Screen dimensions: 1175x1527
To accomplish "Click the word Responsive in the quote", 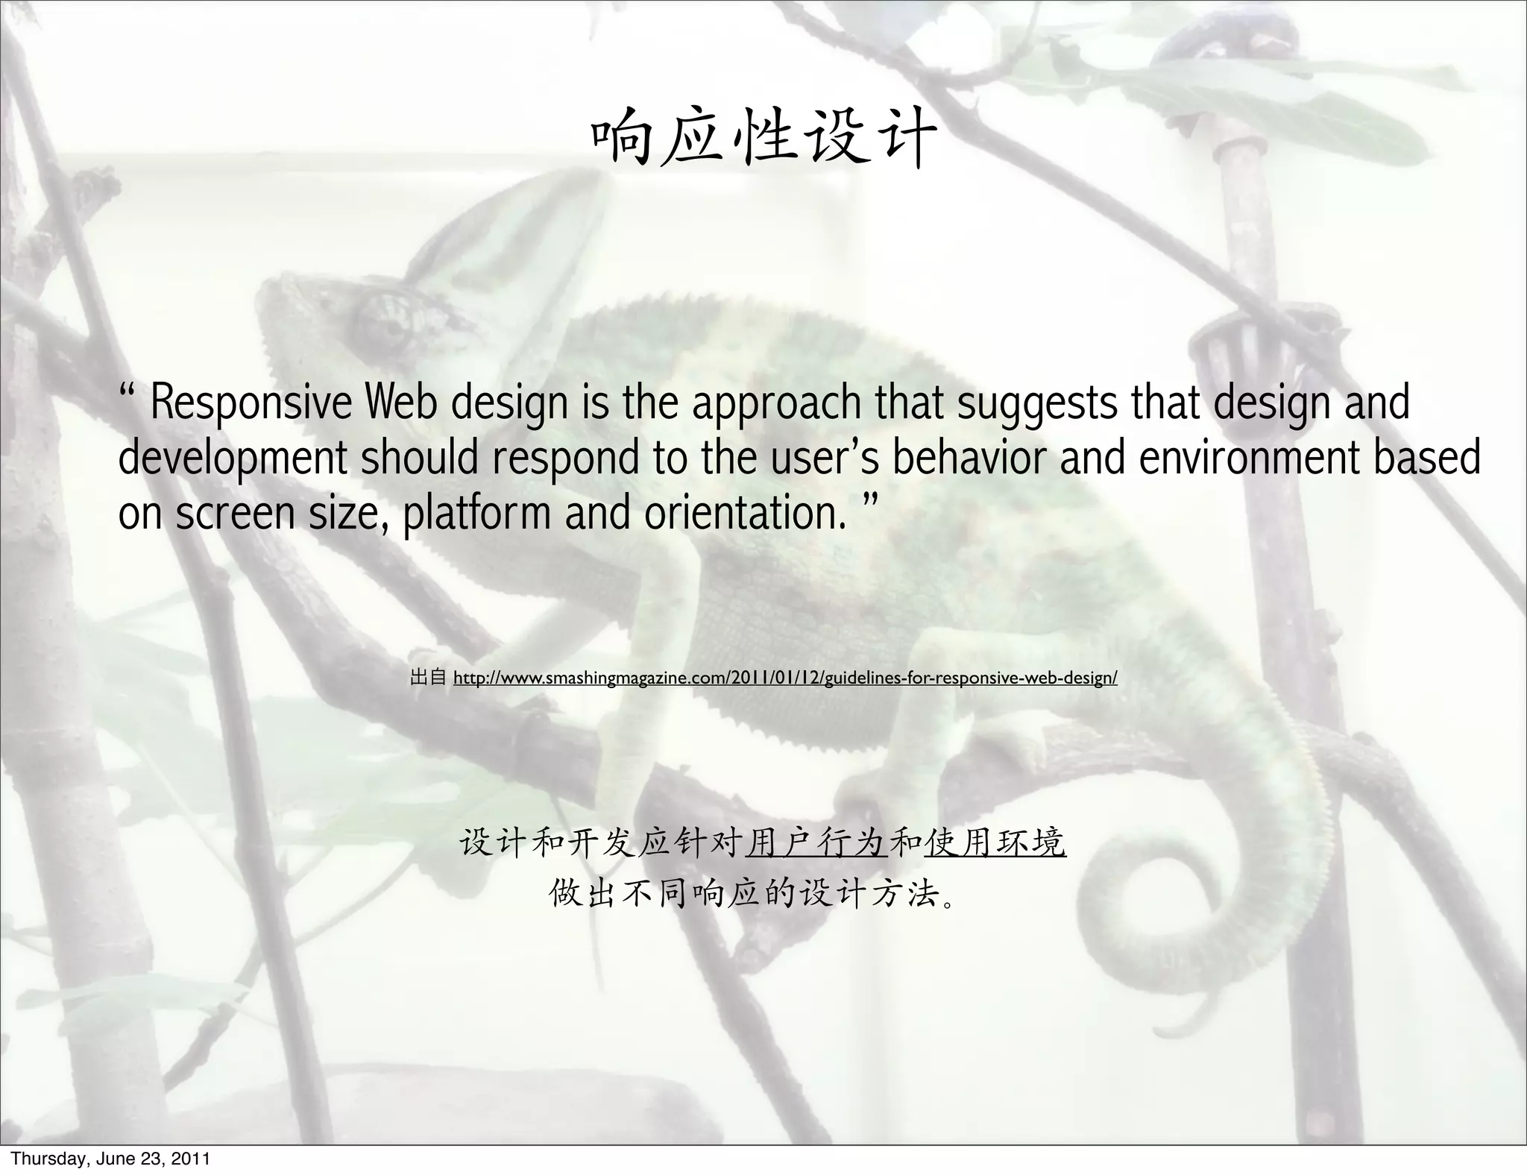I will (251, 403).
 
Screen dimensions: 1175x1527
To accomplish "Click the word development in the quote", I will (232, 459).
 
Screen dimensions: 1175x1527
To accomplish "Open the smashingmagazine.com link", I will (785, 678).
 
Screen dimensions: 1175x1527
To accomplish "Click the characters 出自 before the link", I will (427, 678).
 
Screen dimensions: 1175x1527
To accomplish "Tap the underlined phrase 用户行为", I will (816, 844).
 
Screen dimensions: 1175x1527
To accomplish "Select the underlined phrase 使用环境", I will (995, 844).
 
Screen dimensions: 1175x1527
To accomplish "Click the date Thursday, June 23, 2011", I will (110, 1159).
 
